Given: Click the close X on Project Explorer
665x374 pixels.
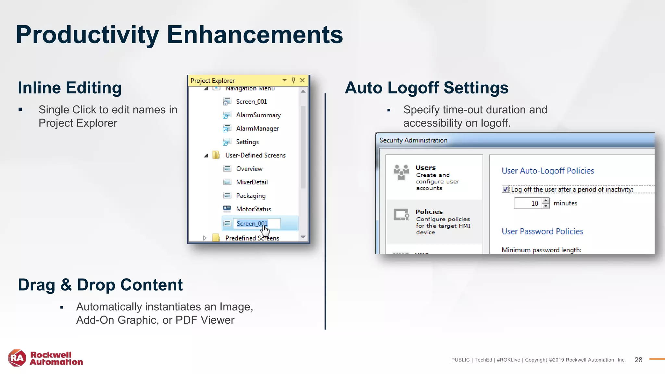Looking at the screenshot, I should click(302, 80).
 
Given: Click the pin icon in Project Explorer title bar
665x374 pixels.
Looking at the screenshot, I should click(293, 80).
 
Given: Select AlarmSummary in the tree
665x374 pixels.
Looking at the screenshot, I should click(258, 115).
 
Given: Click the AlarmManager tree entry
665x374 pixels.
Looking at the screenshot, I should click(257, 129).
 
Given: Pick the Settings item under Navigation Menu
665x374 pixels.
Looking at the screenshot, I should click(247, 142).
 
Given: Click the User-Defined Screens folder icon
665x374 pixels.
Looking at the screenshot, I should click(216, 155).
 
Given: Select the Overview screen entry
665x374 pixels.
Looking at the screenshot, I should click(249, 169).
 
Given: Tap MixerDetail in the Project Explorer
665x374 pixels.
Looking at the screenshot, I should click(252, 182).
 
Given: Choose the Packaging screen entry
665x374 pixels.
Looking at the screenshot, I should click(251, 196).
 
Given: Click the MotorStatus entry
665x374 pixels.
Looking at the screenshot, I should click(253, 209).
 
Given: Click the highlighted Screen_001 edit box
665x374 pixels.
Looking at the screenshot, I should click(257, 224).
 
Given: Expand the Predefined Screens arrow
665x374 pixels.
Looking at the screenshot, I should click(205, 238).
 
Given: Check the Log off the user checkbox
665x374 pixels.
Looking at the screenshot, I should click(505, 189).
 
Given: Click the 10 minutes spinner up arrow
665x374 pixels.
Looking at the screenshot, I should click(546, 201).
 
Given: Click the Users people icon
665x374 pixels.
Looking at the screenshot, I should click(401, 172).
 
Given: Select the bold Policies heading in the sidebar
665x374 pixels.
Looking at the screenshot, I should click(429, 212).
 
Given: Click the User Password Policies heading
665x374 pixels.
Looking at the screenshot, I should click(542, 231).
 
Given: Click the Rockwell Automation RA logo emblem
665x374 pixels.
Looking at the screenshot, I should click(17, 358).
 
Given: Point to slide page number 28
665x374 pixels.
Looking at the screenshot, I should click(638, 360).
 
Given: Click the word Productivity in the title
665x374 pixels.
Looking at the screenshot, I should click(87, 35).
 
